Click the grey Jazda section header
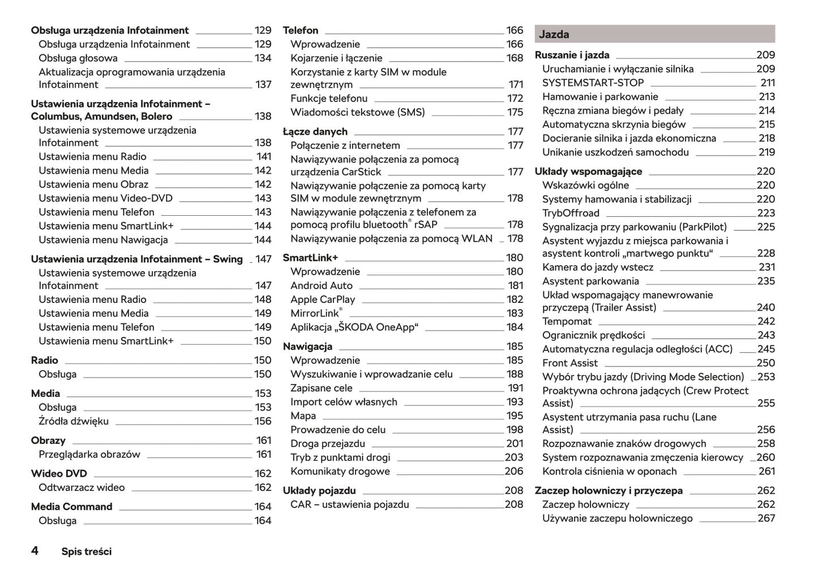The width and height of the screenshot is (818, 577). [654, 34]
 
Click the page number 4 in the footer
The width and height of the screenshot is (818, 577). [35, 550]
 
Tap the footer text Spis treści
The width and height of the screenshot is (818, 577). [87, 552]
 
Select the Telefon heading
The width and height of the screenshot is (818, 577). [301, 31]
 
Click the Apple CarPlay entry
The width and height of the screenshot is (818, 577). [323, 300]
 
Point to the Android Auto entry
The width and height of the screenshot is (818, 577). [322, 286]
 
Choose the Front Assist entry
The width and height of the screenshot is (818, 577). [569, 363]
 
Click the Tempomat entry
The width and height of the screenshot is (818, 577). [567, 321]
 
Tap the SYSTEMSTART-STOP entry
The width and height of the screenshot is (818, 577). [593, 83]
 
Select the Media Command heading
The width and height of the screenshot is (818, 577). [72, 507]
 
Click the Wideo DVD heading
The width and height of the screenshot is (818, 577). [59, 473]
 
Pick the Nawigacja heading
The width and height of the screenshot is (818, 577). [307, 347]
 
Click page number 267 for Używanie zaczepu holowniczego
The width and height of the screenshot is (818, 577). [766, 518]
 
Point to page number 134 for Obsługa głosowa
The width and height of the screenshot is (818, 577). [263, 58]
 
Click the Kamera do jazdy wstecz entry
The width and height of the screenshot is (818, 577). [597, 267]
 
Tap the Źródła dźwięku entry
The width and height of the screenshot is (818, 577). [74, 421]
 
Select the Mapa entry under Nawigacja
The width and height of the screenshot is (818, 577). [303, 416]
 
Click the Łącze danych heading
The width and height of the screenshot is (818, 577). [315, 132]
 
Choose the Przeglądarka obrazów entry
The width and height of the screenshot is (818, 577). [89, 454]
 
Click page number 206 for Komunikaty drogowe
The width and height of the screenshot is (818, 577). [514, 471]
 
